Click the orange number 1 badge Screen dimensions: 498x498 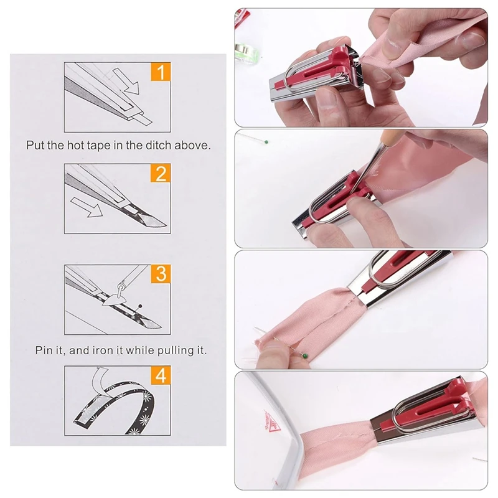pyautogui.click(x=161, y=74)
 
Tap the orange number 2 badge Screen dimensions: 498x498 pyautogui.click(x=161, y=173)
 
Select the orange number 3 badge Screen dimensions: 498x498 pyautogui.click(x=161, y=273)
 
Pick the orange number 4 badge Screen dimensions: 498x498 pyautogui.click(x=161, y=375)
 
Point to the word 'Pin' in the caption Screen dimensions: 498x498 pyautogui.click(x=45, y=350)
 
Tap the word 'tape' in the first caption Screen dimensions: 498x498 pyautogui.click(x=96, y=145)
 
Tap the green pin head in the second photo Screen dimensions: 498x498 pyautogui.click(x=266, y=140)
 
